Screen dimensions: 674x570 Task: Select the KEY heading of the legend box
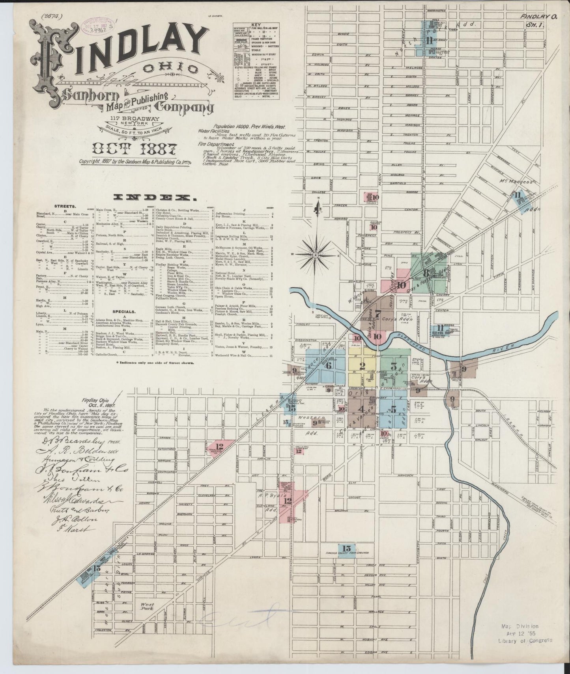coord(256,24)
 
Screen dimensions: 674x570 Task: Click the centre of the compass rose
coord(316,256)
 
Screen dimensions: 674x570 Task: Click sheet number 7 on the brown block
coord(378,314)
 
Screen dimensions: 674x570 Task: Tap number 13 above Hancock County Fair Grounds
coord(346,548)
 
